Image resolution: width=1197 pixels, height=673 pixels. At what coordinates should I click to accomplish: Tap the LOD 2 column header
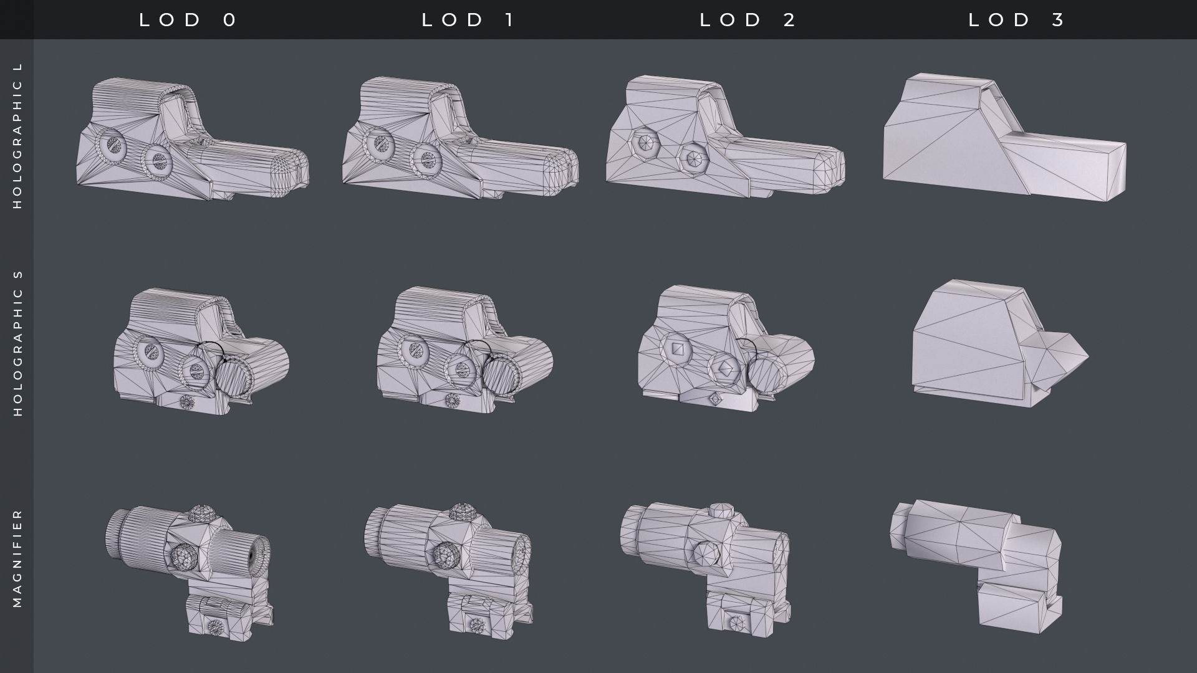[x=748, y=20]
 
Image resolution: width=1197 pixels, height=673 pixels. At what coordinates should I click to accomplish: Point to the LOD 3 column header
[x=1017, y=20]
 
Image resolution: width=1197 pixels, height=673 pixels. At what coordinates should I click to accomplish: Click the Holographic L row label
[x=17, y=135]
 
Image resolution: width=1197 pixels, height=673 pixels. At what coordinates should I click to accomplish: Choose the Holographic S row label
[x=17, y=343]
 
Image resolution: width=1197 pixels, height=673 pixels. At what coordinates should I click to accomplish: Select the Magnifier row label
[x=17, y=558]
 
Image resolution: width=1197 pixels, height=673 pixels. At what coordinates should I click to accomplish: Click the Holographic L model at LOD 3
[x=1004, y=140]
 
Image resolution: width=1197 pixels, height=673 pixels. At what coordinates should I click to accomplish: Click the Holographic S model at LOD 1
[x=464, y=352]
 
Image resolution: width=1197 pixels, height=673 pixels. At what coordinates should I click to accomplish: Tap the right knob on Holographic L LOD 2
[x=693, y=158]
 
